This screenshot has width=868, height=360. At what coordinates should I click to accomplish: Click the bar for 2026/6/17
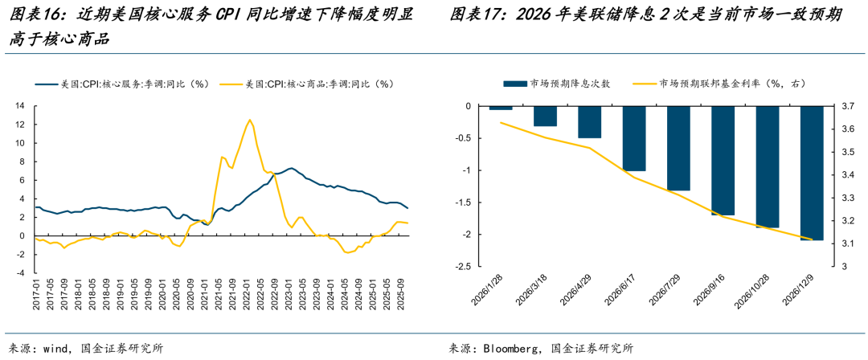pyautogui.click(x=634, y=138)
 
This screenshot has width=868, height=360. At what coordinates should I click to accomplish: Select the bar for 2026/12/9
pyautogui.click(x=812, y=173)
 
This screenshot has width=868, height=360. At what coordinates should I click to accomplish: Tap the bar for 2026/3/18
pyautogui.click(x=546, y=116)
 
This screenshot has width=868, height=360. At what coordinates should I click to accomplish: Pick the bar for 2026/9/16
pyautogui.click(x=723, y=160)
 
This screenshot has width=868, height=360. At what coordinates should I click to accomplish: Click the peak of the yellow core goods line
pyautogui.click(x=250, y=120)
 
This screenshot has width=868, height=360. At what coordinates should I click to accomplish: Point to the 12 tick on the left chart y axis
pyautogui.click(x=21, y=124)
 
